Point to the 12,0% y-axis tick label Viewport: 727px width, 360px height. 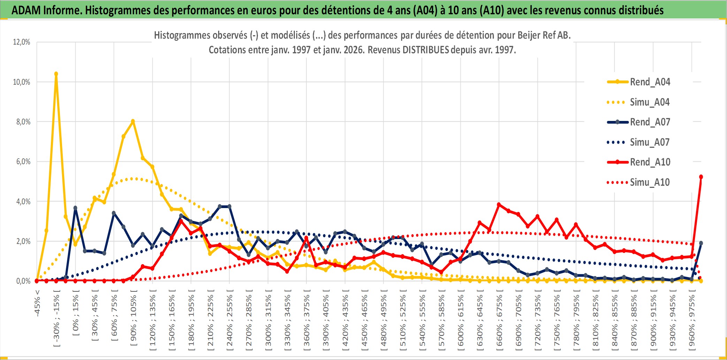tap(22, 42)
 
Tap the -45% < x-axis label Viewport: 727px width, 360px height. tap(37, 303)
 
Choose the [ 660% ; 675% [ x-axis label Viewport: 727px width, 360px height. tap(499, 322)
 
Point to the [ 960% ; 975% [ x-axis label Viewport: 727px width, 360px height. tap(691, 322)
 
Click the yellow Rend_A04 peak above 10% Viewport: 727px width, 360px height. tap(56, 74)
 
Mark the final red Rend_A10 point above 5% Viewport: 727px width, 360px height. tap(701, 177)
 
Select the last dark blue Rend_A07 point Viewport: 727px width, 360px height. tap(701, 243)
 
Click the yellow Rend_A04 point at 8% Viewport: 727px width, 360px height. tap(133, 121)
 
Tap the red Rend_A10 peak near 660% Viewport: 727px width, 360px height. tap(499, 205)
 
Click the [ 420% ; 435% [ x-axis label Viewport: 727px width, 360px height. tap(345, 322)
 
